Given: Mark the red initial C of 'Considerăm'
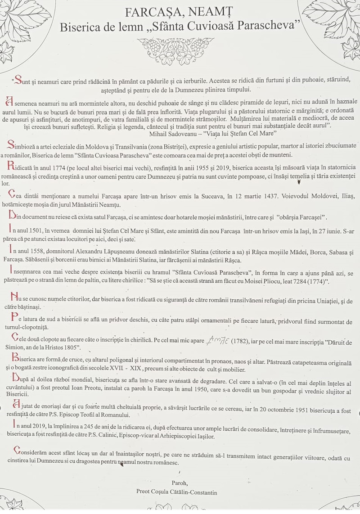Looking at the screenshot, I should coord(17,451).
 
